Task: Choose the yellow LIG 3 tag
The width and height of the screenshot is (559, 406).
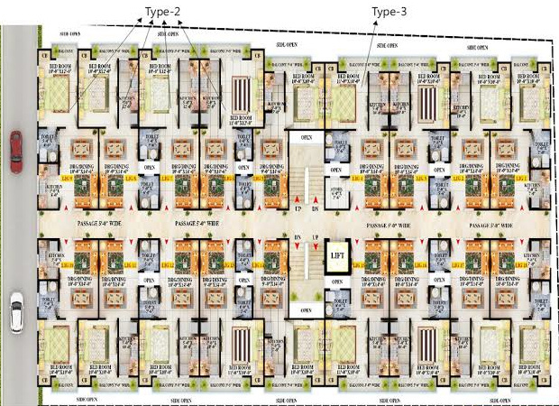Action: [422, 178]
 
